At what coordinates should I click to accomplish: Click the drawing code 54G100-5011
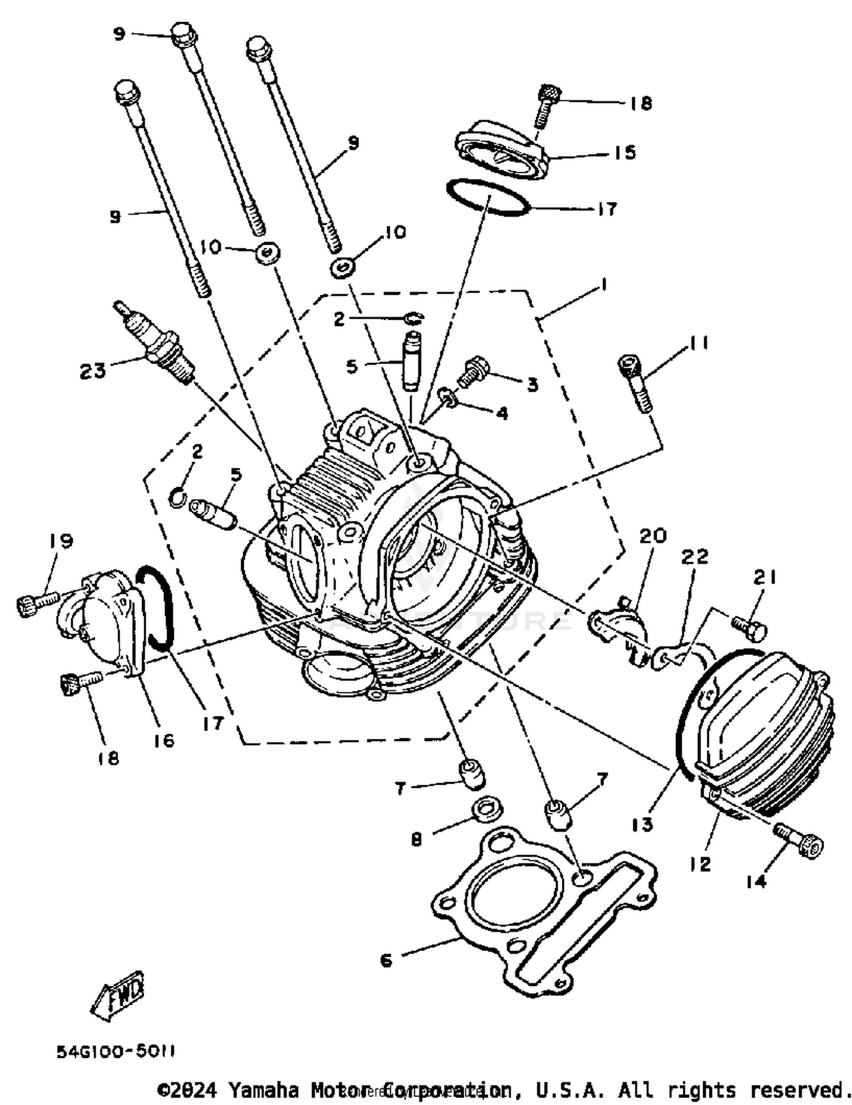tap(115, 1051)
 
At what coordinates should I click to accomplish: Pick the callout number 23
tap(93, 371)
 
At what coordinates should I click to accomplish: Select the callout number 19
tap(61, 540)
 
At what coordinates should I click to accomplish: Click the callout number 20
tap(653, 535)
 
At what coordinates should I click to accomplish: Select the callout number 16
tap(164, 740)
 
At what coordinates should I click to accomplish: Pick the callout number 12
tap(700, 864)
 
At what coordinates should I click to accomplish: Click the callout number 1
tap(603, 284)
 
